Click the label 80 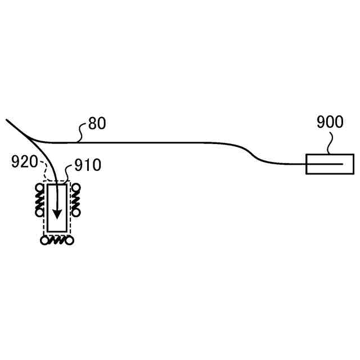pyautogui.click(x=97, y=124)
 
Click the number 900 pyautogui.click(x=330, y=122)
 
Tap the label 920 pyautogui.click(x=23, y=164)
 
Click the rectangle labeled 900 pyautogui.click(x=322, y=164)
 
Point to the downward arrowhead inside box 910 pyautogui.click(x=57, y=215)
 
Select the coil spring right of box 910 pyautogui.click(x=74, y=200)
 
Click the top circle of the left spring pyautogui.click(x=40, y=188)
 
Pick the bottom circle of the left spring pyautogui.click(x=40, y=213)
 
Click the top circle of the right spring pyautogui.click(x=74, y=188)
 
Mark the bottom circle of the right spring pyautogui.click(x=74, y=213)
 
